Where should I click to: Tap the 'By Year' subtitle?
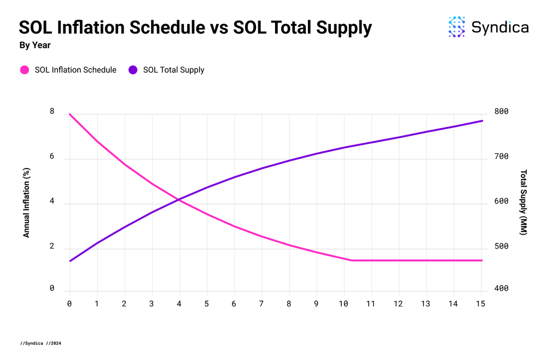[35, 45]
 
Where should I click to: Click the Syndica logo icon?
[457, 27]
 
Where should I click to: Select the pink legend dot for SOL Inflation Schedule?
[25, 70]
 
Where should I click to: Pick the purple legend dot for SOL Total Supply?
[133, 70]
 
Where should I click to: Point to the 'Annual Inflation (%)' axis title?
[26, 202]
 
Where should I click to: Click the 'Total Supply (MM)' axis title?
[523, 202]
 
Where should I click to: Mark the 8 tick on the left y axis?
[52, 112]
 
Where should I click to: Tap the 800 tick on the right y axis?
[502, 112]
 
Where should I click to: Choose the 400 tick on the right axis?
[502, 288]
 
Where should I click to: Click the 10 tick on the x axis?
[344, 303]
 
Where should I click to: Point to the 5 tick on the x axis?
[207, 303]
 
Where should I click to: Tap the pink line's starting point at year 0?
[70, 114]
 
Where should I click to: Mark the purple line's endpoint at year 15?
[482, 121]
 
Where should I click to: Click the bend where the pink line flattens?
[352, 260]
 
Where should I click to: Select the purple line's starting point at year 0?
[70, 261]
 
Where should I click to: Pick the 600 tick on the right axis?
[502, 201]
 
